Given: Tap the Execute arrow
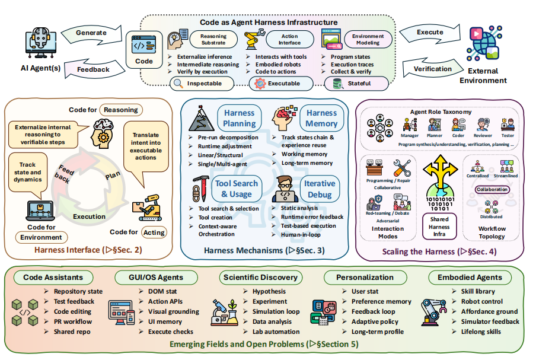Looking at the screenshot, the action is click(430, 33).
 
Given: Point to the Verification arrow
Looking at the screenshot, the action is click(433, 68).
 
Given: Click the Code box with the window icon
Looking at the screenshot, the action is click(144, 50).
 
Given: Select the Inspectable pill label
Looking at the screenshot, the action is click(202, 84).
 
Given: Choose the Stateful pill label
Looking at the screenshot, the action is click(356, 84).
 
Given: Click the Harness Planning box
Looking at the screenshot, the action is click(240, 118).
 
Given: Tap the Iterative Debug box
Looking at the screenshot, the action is click(320, 189).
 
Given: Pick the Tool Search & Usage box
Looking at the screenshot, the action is click(237, 189).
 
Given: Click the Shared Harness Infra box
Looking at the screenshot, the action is click(439, 227).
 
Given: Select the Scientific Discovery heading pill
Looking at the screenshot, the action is click(260, 277).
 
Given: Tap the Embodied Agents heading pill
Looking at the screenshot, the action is click(470, 277).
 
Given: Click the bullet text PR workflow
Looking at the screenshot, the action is click(73, 321).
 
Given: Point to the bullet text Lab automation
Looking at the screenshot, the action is click(276, 332).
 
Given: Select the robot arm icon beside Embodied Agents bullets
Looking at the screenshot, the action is click(433, 312).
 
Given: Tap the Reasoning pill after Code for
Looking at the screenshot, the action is click(121, 110).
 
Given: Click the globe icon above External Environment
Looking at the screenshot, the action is click(484, 43).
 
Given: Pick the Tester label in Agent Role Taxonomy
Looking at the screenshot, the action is click(508, 135).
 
